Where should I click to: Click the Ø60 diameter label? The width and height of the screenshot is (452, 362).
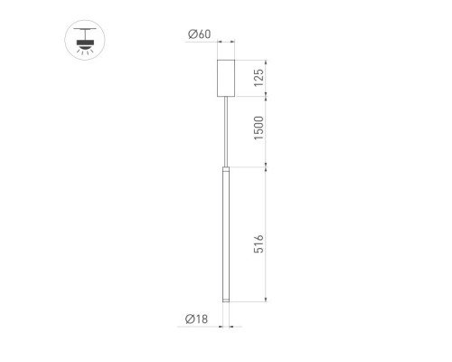click(200, 34)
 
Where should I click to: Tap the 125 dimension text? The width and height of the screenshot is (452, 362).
click(259, 78)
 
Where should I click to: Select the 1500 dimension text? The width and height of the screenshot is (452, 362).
click(259, 128)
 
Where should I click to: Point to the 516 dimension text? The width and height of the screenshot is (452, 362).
click(259, 243)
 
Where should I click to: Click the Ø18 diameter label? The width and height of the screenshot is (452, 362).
click(196, 319)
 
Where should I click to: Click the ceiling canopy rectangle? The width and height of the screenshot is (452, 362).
click(226, 78)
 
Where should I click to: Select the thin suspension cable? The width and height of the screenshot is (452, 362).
click(226, 131)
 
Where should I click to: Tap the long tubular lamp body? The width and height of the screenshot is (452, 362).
click(226, 234)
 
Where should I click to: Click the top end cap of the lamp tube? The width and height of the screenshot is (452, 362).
click(226, 168)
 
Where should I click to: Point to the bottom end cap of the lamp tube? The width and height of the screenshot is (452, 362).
click(226, 300)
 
